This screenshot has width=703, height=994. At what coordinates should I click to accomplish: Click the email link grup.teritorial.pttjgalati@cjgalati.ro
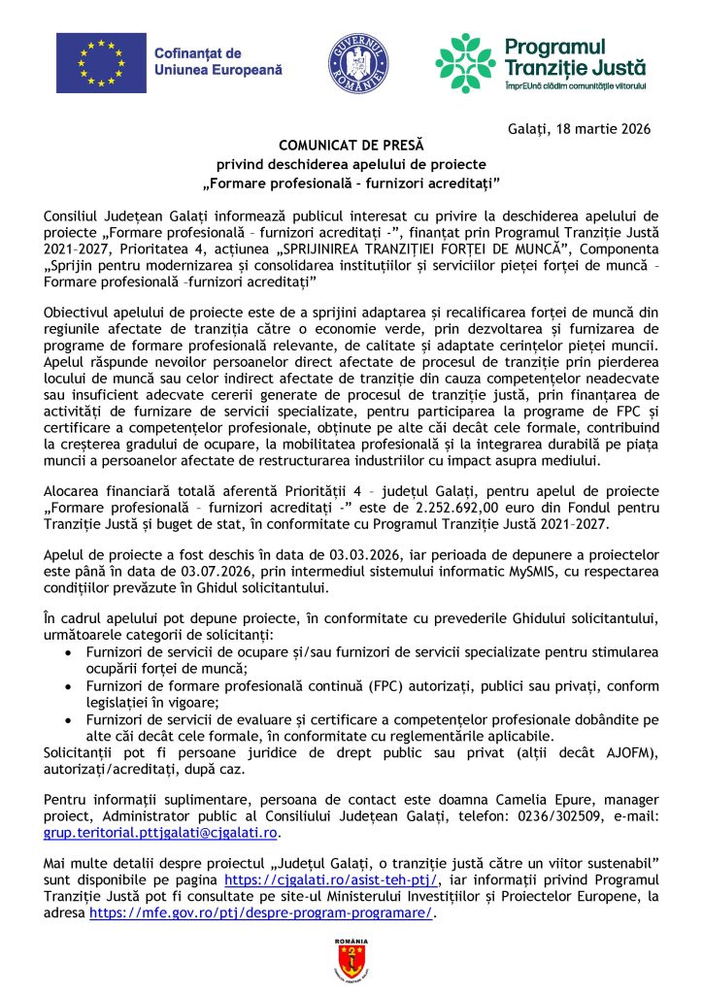(161, 832)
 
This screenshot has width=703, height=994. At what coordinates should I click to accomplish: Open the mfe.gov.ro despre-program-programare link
(260, 912)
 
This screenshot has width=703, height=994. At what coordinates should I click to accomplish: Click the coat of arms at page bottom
(351, 959)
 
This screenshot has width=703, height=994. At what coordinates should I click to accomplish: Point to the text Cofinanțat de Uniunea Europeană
(217, 63)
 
